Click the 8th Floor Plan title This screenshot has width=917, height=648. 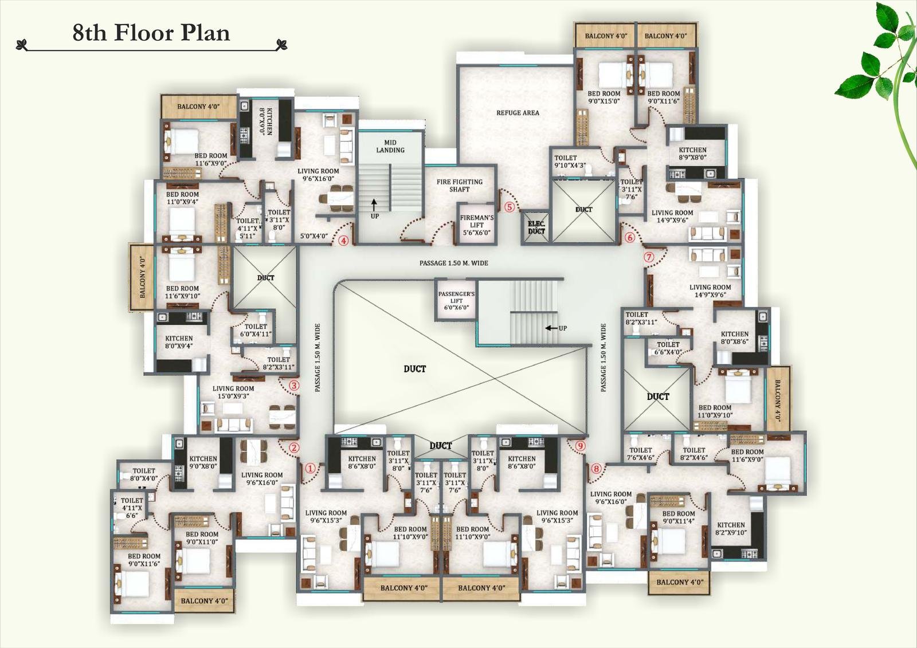tap(151, 33)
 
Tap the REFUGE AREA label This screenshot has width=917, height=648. tap(518, 113)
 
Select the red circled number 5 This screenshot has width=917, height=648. tap(508, 207)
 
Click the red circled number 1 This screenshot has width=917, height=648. tap(310, 469)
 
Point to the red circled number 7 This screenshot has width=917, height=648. tap(649, 257)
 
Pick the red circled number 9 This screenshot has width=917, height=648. tap(580, 445)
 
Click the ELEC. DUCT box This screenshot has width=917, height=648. tap(536, 227)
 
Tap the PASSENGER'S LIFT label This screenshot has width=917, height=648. tap(456, 300)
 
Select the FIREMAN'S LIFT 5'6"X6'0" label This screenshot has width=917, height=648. tap(476, 225)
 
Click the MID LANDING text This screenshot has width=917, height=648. tap(390, 146)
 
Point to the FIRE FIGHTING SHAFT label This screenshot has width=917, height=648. tap(460, 185)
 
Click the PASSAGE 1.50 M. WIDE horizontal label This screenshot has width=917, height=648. tap(453, 263)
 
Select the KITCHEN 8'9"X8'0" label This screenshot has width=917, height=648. tap(692, 154)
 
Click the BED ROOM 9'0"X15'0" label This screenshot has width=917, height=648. tap(604, 97)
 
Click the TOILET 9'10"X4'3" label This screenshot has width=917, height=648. tap(569, 162)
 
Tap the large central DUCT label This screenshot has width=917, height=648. tap(414, 369)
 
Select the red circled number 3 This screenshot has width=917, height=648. tap(293, 386)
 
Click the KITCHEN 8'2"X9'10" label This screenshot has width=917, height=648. tap(731, 528)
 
